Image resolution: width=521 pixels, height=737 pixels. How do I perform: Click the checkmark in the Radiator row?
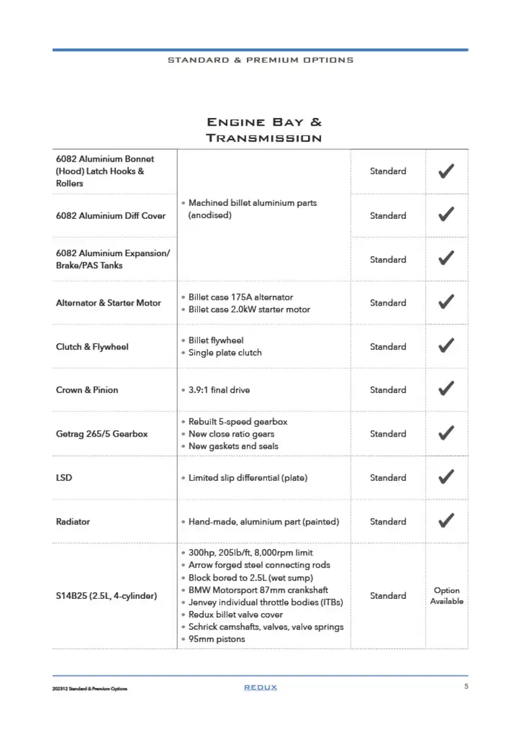coord(446,521)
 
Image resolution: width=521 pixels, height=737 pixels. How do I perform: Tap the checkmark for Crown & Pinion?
coord(446,389)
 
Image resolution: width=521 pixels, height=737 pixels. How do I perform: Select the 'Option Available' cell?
coord(446,596)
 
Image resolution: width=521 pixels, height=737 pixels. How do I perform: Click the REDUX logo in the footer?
coord(260,687)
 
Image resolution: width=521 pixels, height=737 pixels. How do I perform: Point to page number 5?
coord(466,686)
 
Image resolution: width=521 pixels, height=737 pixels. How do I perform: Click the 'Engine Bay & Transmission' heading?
coord(264,130)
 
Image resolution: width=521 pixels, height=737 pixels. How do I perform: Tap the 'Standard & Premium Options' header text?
coord(260,60)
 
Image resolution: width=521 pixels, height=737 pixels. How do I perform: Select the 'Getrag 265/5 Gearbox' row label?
coord(102,434)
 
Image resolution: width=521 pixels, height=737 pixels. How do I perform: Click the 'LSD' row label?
coord(64,478)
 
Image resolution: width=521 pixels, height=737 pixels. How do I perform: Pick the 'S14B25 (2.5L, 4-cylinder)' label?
coord(106,596)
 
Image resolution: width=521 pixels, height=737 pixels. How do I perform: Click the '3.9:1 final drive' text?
coord(219,390)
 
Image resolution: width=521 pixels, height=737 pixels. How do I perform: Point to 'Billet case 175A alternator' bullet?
coord(240,297)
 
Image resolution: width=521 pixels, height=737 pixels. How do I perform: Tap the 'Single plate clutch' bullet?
coord(225,353)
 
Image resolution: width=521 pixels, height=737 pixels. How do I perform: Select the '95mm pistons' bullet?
coord(217,639)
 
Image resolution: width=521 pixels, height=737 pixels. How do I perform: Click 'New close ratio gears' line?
coord(231,434)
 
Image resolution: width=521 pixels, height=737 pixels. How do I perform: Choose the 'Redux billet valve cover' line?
coord(240,614)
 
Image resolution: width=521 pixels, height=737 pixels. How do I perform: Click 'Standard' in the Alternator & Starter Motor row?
coord(387,303)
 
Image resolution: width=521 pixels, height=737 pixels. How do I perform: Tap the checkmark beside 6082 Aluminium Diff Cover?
coord(446,215)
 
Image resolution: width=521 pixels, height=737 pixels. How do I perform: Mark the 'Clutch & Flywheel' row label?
coord(92,347)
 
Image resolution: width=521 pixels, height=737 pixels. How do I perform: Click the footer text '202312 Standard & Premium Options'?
coord(90,689)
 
